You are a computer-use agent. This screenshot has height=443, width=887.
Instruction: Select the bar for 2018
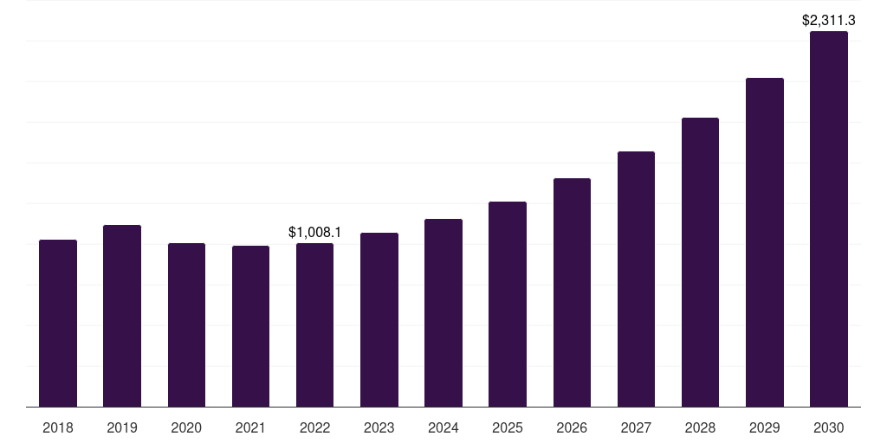(58, 324)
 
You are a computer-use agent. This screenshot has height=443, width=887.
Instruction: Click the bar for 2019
(122, 316)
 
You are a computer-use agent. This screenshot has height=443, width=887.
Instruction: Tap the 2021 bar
(250, 326)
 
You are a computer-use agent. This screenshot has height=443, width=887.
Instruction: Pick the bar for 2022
(314, 325)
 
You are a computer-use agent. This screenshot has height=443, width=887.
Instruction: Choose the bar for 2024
(443, 312)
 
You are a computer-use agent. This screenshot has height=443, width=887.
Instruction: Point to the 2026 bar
(572, 292)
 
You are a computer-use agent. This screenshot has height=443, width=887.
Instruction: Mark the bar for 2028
(700, 262)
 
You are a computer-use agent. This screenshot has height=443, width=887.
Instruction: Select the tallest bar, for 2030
(829, 219)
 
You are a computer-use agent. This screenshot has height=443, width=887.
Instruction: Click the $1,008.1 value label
(314, 232)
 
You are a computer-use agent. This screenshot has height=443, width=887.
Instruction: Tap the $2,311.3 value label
(829, 21)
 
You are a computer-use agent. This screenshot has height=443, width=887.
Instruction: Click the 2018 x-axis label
(58, 427)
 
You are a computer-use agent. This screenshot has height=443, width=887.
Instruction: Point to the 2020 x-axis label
(186, 427)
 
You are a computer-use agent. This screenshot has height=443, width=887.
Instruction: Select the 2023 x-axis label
(379, 427)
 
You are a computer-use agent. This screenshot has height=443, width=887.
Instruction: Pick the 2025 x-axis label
(508, 427)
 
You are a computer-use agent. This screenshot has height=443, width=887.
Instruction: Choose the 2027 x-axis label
(636, 427)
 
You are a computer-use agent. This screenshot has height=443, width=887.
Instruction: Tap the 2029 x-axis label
(764, 427)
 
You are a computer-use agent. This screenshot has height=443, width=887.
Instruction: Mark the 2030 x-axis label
(829, 427)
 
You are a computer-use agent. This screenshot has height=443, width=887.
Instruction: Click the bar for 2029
(765, 242)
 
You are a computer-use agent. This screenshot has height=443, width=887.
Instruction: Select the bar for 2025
(508, 304)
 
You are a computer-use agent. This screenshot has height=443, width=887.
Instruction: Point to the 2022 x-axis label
(314, 427)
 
